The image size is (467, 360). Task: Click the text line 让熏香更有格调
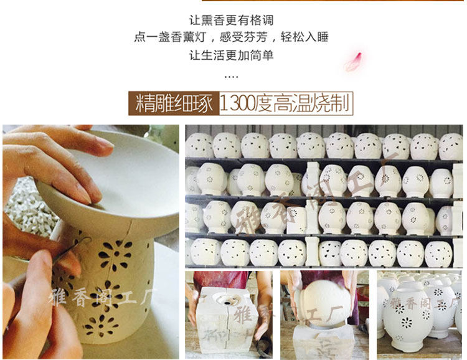231,21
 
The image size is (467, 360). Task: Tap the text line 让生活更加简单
231,55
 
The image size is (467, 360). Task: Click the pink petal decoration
353,62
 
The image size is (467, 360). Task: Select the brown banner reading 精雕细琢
174,103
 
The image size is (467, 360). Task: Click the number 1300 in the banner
237,103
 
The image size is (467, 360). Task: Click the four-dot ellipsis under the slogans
231,77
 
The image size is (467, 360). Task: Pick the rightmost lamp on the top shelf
451,146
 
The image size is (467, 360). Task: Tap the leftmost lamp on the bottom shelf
205,252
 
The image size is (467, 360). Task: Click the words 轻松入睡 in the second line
304,37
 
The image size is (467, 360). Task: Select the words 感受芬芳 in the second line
243,37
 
